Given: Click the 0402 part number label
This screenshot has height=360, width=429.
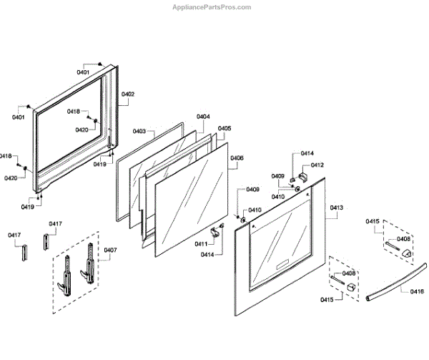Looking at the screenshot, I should (128, 94).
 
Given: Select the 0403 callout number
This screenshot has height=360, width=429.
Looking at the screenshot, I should (139, 131).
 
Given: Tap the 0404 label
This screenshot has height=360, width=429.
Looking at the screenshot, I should (203, 117).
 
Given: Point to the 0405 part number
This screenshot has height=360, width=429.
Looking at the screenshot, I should (225, 129).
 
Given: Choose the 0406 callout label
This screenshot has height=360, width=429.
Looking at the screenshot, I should (237, 158).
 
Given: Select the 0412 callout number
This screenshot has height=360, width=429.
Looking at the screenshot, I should (317, 165).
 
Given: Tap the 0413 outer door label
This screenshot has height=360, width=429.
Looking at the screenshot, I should (337, 208).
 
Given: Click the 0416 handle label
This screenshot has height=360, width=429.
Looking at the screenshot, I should (417, 291).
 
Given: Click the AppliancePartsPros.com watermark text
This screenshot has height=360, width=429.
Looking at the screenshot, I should (212, 7).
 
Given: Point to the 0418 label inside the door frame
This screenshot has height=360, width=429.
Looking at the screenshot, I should (74, 112).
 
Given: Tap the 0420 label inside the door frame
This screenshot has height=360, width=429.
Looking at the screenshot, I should (82, 130).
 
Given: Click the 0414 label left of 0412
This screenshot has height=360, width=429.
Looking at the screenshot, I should (307, 154).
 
